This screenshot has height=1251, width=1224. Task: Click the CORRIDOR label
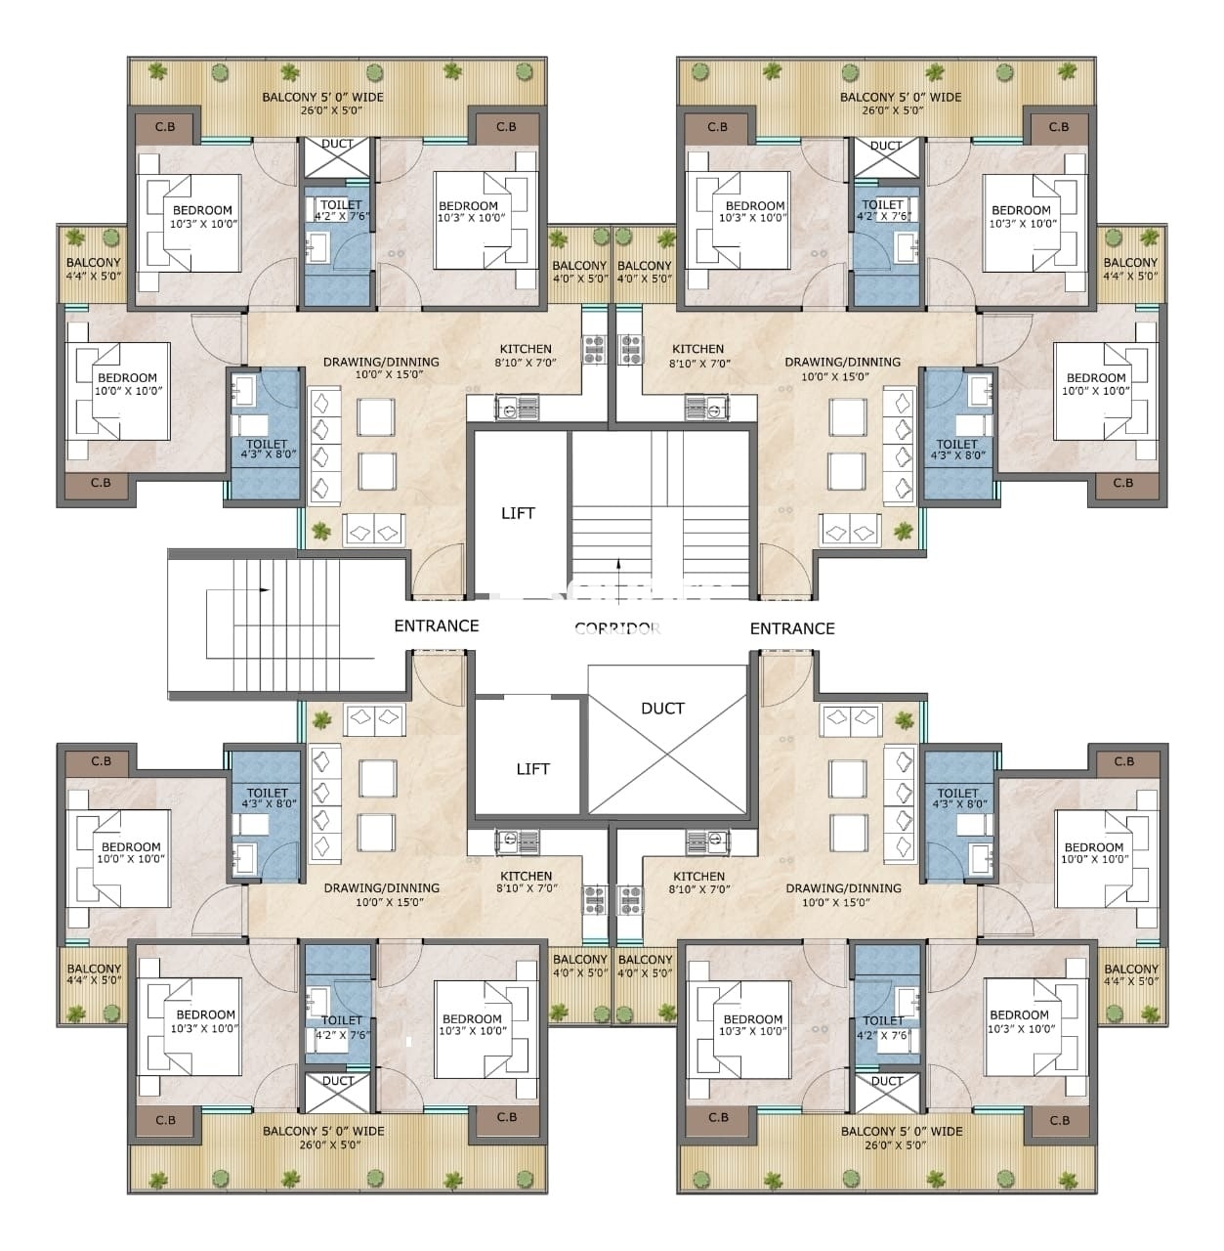click(x=617, y=628)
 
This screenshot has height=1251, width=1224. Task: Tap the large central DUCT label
click(x=662, y=709)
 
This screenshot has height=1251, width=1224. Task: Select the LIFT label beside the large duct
click(x=532, y=769)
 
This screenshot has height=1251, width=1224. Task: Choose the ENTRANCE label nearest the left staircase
click(x=436, y=625)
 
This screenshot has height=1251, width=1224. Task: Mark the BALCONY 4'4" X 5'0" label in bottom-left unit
click(x=94, y=973)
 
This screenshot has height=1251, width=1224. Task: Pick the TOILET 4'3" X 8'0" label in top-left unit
click(x=267, y=450)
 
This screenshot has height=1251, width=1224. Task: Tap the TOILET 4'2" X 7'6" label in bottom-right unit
click(x=883, y=1027)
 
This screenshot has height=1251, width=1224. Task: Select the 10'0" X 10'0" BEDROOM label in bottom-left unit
click(x=130, y=853)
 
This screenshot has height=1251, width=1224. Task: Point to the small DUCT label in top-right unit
click(x=885, y=146)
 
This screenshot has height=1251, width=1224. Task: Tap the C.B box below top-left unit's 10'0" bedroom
click(x=100, y=483)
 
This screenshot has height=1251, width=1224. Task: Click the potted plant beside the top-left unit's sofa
click(x=320, y=532)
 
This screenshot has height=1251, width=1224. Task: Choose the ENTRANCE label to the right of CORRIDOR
click(x=791, y=628)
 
